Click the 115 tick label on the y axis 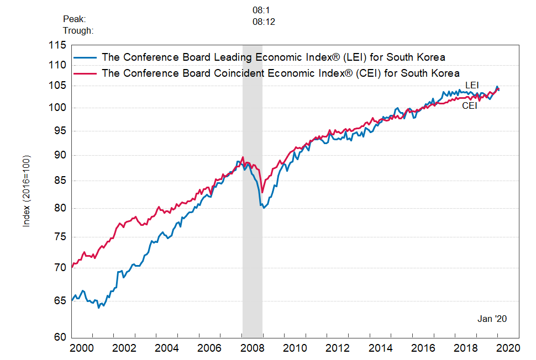tap(57, 45)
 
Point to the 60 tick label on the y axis tap(60, 337)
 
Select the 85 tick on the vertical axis tap(60, 181)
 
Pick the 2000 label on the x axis tap(82, 348)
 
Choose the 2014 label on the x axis tap(381, 348)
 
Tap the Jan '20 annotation tap(492, 319)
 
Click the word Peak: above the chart tap(74, 19)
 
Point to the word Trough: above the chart tap(78, 30)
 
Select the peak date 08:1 tap(261, 10)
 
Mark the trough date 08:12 tap(264, 22)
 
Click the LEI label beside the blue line tap(471, 85)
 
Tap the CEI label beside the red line tap(469, 105)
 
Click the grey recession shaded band tap(252, 248)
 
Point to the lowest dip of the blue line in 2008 tap(265, 208)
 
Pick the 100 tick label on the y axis tap(57, 108)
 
